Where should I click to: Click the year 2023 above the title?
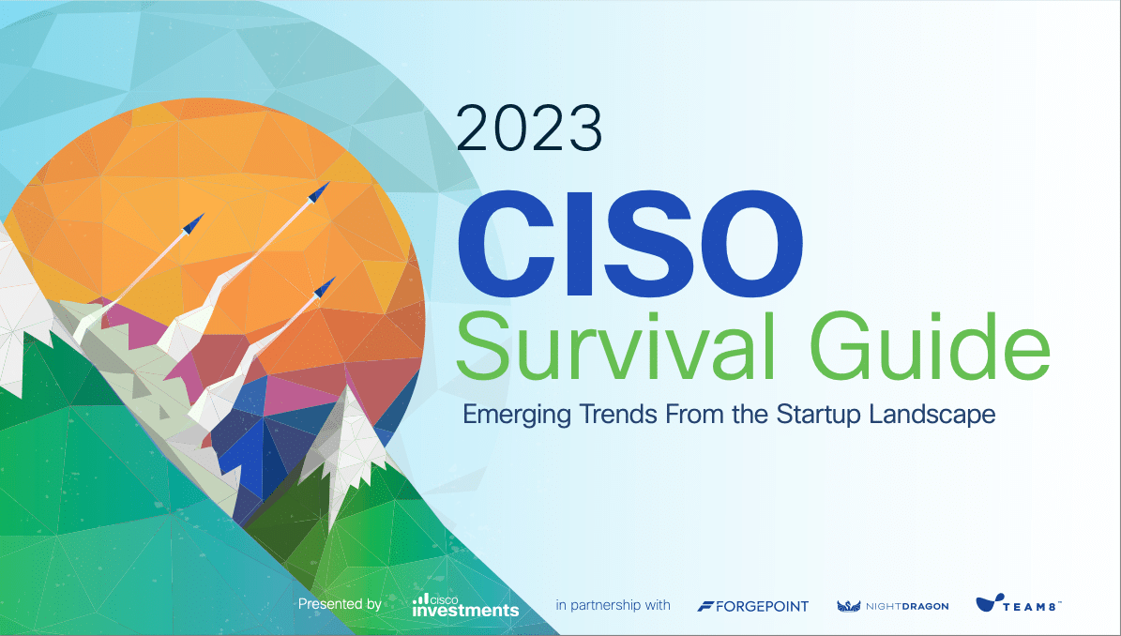pyautogui.click(x=529, y=129)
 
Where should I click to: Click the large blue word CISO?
pyautogui.click(x=629, y=244)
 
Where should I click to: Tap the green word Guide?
pyautogui.click(x=931, y=346)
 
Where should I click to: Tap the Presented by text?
pyautogui.click(x=340, y=604)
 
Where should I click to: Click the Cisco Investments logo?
pyautogui.click(x=465, y=605)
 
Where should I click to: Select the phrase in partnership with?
pyautogui.click(x=613, y=605)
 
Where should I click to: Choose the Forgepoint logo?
pyautogui.click(x=753, y=607)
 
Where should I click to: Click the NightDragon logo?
pyautogui.click(x=893, y=606)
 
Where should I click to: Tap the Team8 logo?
pyautogui.click(x=1018, y=603)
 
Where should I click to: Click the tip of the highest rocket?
pyautogui.click(x=329, y=183)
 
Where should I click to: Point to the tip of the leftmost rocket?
pyautogui.click(x=204, y=214)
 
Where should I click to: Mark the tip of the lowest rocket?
pyautogui.click(x=335, y=278)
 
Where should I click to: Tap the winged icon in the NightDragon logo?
pyautogui.click(x=849, y=606)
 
